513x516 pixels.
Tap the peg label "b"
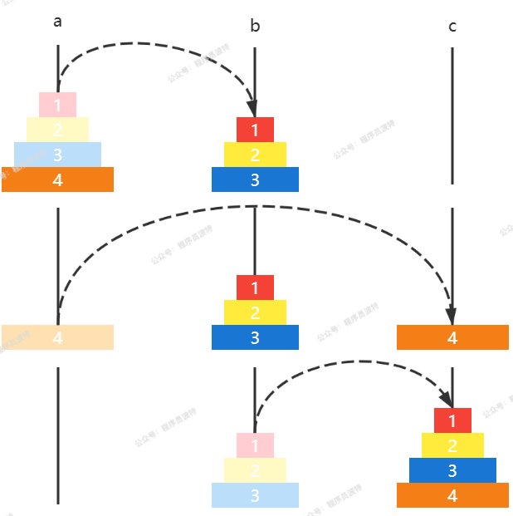pyautogui.click(x=255, y=27)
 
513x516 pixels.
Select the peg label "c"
pyautogui.click(x=452, y=27)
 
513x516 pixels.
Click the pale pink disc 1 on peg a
pyautogui.click(x=57, y=105)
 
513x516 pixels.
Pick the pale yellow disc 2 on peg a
pyautogui.click(x=57, y=130)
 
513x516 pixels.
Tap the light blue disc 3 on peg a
pyautogui.click(x=57, y=155)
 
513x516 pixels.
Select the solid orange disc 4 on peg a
pyautogui.click(x=57, y=179)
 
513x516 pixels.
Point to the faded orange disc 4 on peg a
pyautogui.click(x=57, y=337)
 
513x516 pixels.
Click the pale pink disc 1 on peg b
pyautogui.click(x=255, y=445)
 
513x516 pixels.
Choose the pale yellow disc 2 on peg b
pyautogui.click(x=255, y=470)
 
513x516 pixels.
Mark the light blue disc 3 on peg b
pyautogui.click(x=255, y=495)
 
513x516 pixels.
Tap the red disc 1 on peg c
pyautogui.click(x=452, y=420)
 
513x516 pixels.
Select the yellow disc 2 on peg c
pyautogui.click(x=452, y=445)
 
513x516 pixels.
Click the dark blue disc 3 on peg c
pyautogui.click(x=452, y=470)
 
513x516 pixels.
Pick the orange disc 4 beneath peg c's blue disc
pyautogui.click(x=452, y=495)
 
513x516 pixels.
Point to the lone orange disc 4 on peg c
pyautogui.click(x=452, y=337)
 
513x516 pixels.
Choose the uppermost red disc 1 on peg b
pyautogui.click(x=255, y=130)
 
